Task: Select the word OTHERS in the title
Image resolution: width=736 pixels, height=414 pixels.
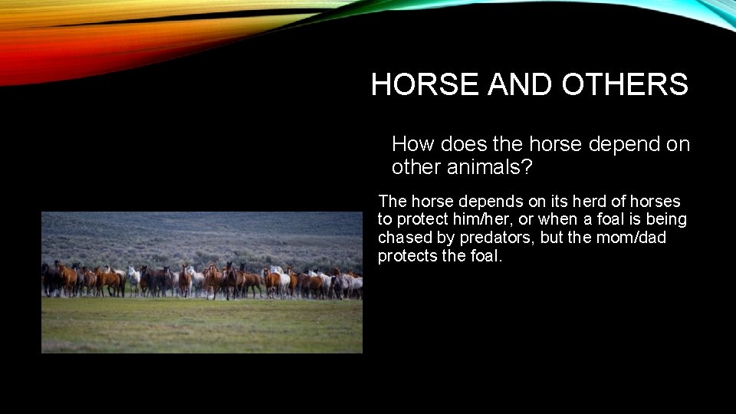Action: pos(625,85)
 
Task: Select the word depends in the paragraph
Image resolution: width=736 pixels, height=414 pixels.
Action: pos(485,202)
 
